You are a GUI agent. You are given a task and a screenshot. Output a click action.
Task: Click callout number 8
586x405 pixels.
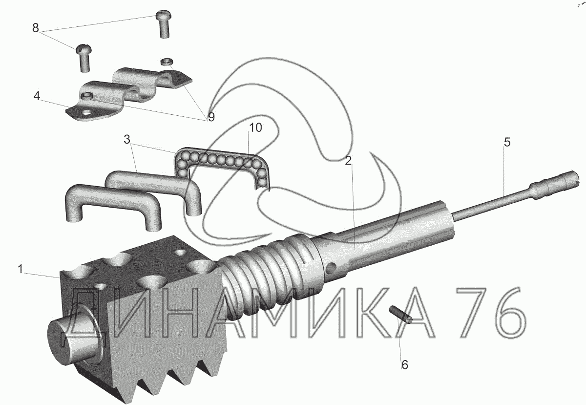(x=36, y=27)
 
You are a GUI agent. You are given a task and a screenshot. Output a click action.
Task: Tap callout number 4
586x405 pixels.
(x=37, y=96)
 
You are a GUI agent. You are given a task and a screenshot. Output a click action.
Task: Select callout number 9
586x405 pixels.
(x=211, y=117)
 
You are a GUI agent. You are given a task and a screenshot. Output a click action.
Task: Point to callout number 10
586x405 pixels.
(x=255, y=128)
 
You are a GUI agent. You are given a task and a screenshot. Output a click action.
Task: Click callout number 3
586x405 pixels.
(x=127, y=140)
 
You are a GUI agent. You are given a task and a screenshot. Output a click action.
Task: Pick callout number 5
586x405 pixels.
(x=507, y=142)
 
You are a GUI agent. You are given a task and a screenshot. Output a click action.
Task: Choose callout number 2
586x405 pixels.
(x=348, y=161)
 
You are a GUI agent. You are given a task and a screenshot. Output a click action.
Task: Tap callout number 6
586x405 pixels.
(x=405, y=365)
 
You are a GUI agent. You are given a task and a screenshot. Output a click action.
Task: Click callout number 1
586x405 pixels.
(x=21, y=269)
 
